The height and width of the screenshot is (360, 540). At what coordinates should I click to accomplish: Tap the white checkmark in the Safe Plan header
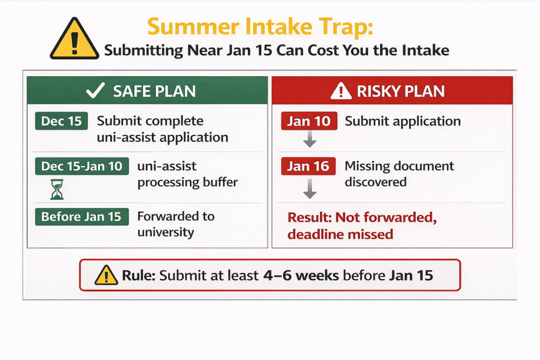[x=95, y=91]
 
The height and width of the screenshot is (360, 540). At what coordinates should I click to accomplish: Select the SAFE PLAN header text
[x=155, y=91]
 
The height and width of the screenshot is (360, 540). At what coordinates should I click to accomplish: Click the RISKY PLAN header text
[x=401, y=91]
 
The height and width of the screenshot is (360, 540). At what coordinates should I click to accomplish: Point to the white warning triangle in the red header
[x=341, y=91]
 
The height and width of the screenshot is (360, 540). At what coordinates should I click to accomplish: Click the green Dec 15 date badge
[x=61, y=121]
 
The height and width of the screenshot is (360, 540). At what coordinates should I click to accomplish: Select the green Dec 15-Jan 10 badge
[x=82, y=166]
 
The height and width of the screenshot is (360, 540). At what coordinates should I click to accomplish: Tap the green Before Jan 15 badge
[x=82, y=217]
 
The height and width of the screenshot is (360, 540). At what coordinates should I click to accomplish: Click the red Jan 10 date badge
[x=309, y=121]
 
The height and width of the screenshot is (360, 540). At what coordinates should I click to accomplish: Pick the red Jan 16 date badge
[x=308, y=166]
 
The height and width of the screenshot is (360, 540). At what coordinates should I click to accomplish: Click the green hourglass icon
[x=57, y=189]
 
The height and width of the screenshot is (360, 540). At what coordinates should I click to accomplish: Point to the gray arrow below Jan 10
[x=310, y=139]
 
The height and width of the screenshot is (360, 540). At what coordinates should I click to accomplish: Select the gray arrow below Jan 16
[x=310, y=189]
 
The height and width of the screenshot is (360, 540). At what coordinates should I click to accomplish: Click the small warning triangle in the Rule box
[x=106, y=275]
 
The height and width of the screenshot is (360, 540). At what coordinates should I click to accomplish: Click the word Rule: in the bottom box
[x=139, y=275]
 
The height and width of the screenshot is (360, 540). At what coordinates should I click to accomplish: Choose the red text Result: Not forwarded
[x=362, y=218]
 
